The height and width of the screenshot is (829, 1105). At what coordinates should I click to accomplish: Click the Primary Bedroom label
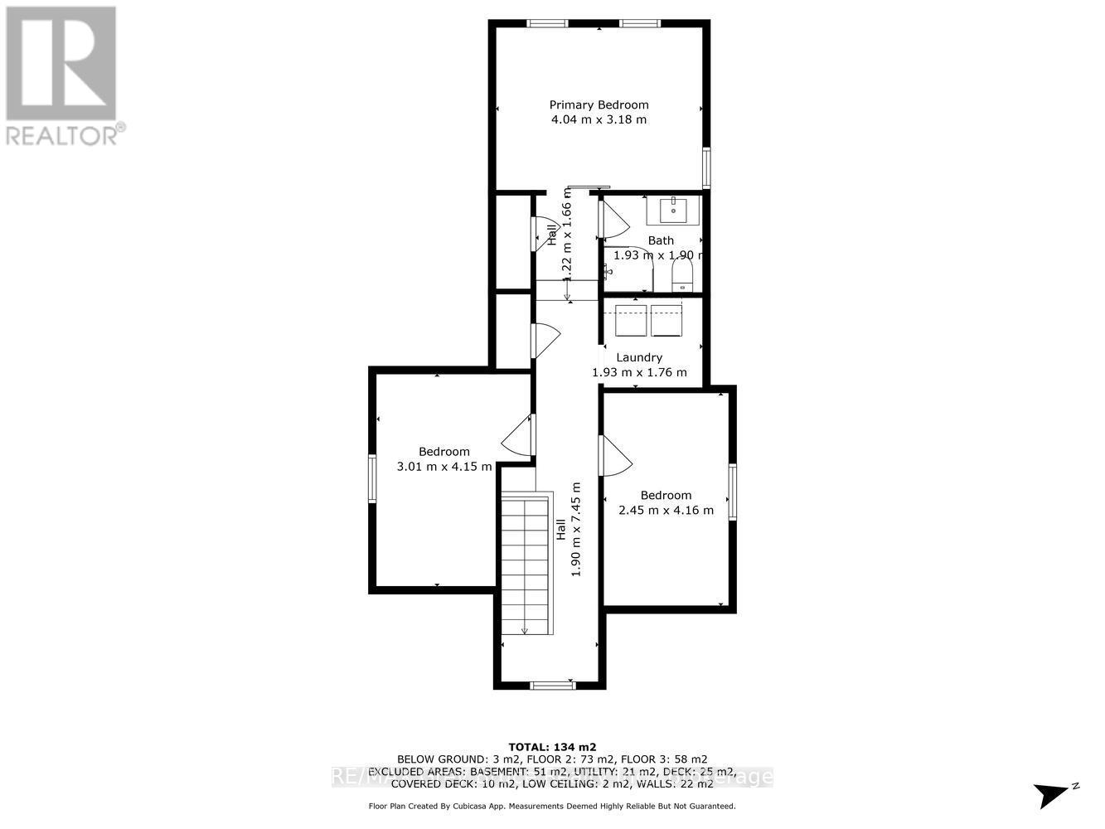point(599,104)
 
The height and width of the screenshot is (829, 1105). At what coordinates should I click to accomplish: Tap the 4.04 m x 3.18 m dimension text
point(599,119)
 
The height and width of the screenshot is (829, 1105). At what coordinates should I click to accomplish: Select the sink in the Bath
point(673,211)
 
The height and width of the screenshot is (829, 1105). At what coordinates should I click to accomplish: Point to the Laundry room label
point(639,357)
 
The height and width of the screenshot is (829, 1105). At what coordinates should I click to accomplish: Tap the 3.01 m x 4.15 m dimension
point(444,467)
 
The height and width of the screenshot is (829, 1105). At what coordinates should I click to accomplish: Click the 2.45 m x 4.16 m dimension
point(666,510)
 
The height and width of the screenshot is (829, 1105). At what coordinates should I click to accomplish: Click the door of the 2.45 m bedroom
point(615,456)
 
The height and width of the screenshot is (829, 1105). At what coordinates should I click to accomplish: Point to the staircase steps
point(526,564)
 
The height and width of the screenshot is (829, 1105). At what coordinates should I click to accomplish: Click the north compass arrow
point(1054,794)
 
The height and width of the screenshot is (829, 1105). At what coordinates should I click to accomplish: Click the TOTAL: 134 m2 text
point(552,745)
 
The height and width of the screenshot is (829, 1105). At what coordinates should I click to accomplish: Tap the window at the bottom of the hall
point(552,685)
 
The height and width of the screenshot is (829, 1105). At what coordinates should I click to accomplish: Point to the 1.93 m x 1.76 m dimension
point(639,372)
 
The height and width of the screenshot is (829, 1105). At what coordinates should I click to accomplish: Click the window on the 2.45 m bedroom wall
point(733,492)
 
